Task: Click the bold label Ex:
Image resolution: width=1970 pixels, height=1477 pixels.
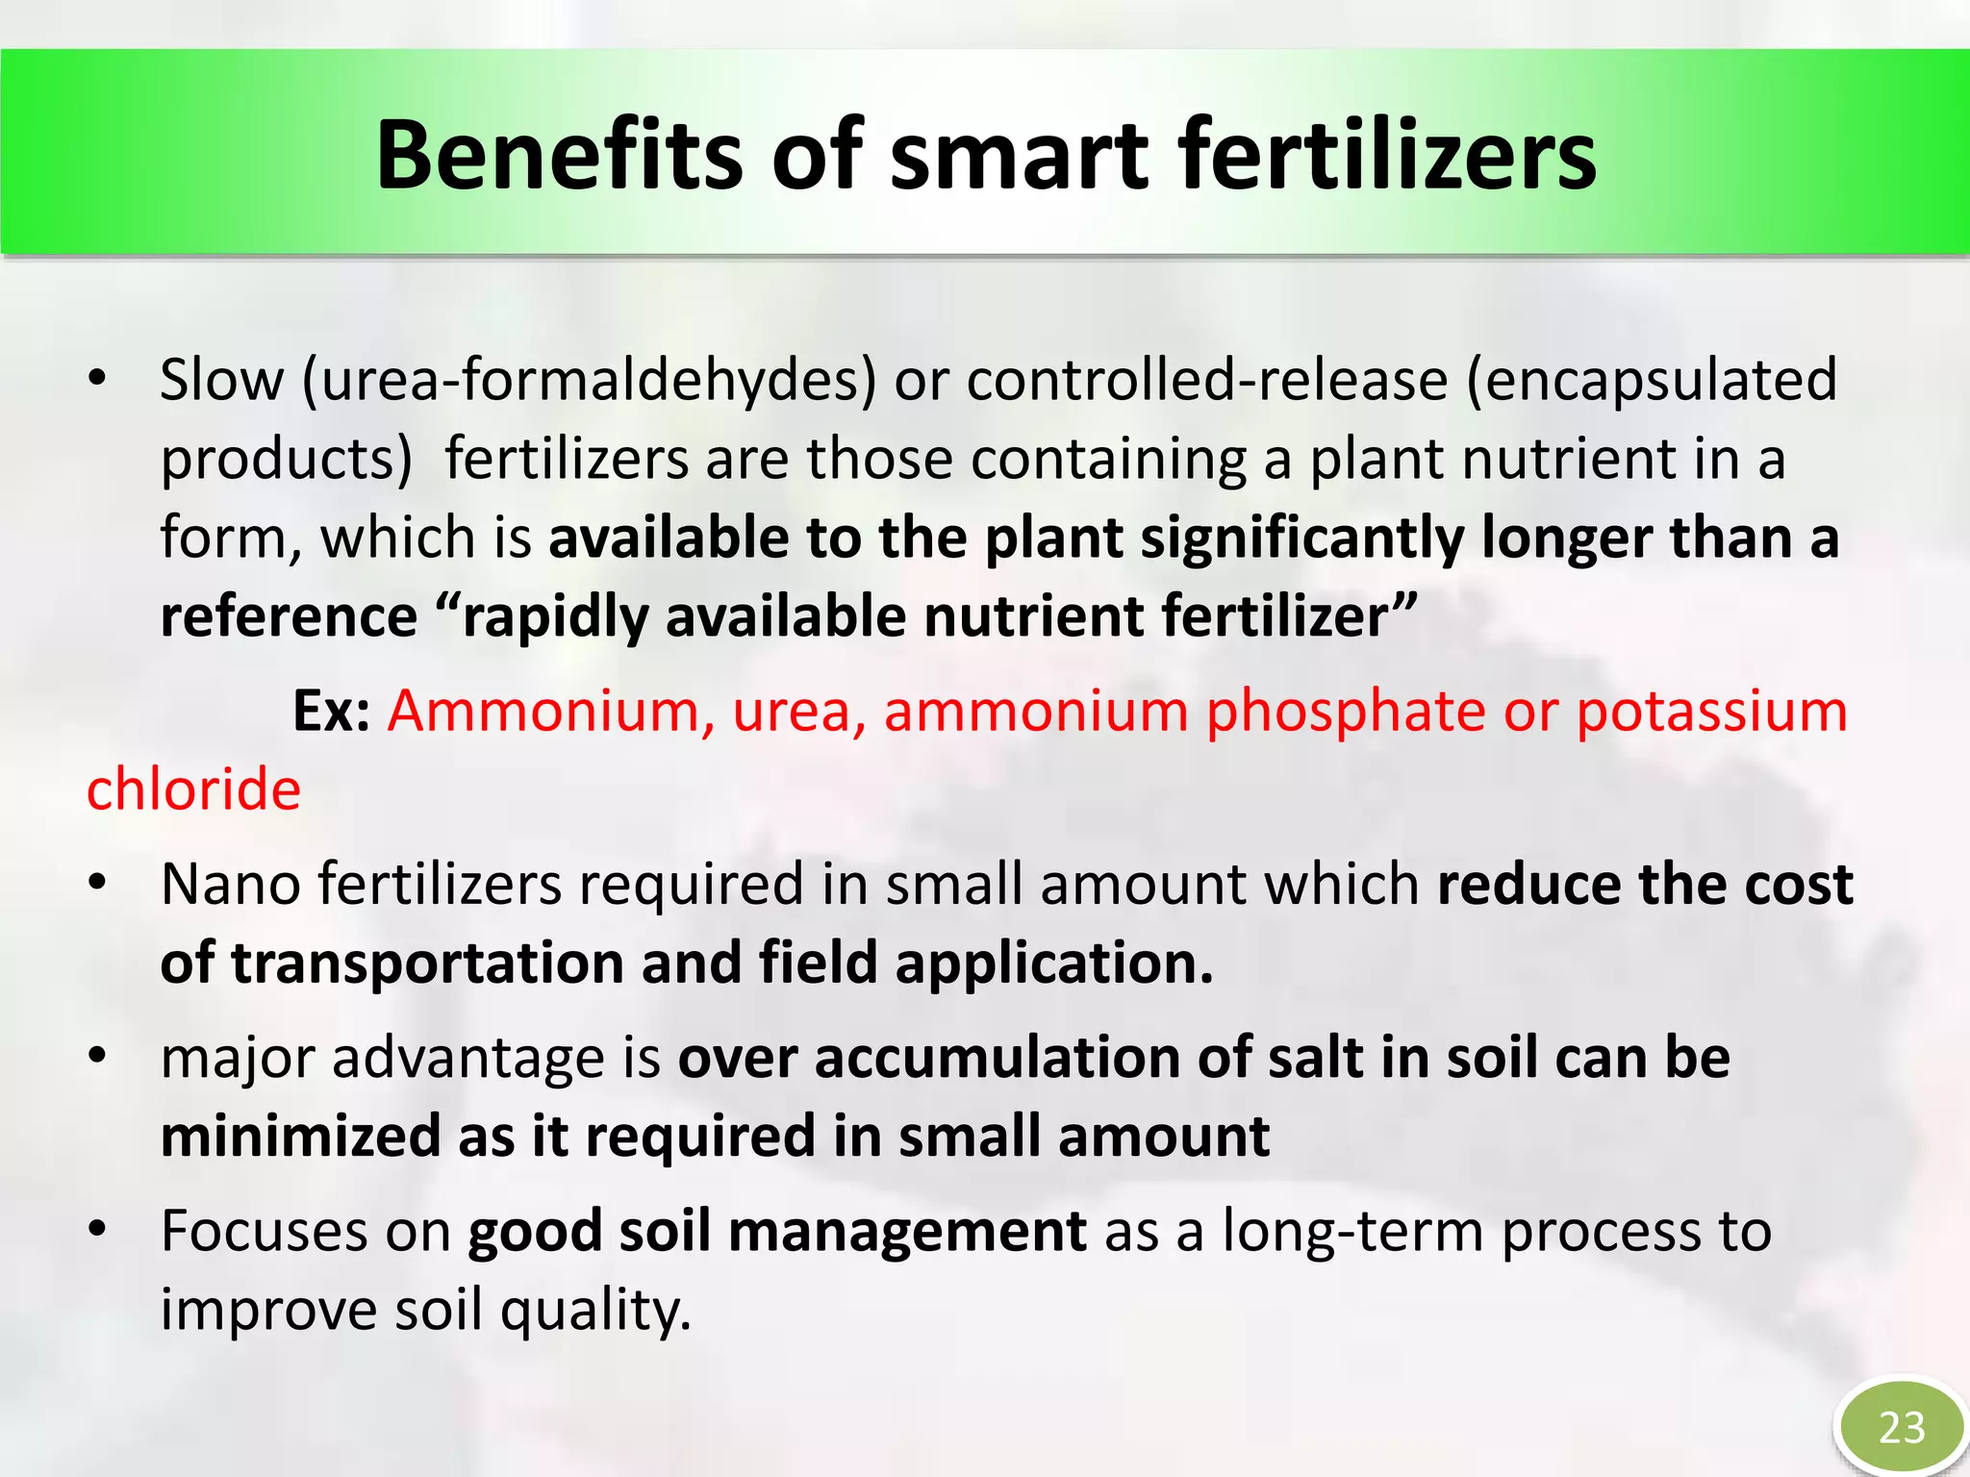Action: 331,712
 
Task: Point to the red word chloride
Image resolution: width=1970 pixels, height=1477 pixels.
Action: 193,790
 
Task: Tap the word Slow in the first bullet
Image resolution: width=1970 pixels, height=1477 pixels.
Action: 221,380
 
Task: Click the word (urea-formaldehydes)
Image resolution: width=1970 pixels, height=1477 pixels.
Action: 589,380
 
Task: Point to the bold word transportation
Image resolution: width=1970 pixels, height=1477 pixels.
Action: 427,964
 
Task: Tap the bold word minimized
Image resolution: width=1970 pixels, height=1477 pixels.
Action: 300,1137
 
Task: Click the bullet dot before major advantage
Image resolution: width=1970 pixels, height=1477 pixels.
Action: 96,1057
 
